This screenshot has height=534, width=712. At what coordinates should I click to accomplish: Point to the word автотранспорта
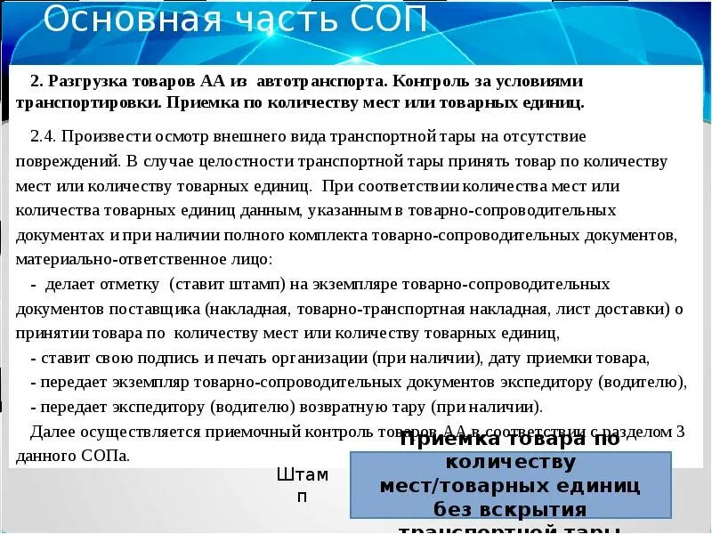[320, 81]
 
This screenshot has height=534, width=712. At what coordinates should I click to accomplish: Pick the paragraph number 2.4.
[44, 136]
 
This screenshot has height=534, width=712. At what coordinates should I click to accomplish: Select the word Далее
[53, 432]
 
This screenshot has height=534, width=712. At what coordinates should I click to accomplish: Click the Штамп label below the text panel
[302, 485]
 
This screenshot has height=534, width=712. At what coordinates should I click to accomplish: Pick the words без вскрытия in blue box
[511, 510]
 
